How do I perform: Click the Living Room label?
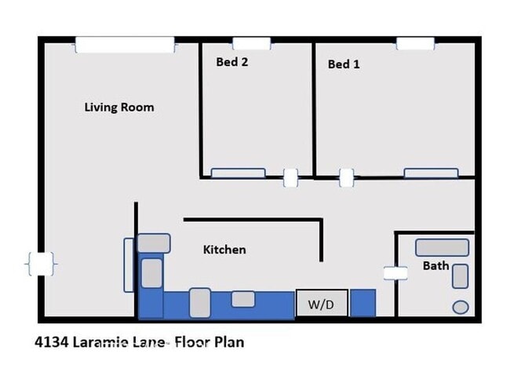[x=119, y=108]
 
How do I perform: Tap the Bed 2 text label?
[x=232, y=62]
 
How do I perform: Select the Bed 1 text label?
[x=344, y=64]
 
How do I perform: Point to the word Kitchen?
[x=224, y=250]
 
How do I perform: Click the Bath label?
[x=435, y=265]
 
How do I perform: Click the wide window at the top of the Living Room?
[x=125, y=45]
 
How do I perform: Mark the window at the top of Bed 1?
[x=415, y=44]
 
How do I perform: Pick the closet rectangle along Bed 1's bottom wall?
[x=431, y=173]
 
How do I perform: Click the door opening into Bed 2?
[x=290, y=178]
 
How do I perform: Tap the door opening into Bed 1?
[x=346, y=178]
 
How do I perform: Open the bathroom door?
[x=395, y=273]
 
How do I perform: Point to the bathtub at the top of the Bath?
[x=443, y=248]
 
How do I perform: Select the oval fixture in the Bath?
[x=461, y=307]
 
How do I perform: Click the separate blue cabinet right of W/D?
[x=362, y=302]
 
